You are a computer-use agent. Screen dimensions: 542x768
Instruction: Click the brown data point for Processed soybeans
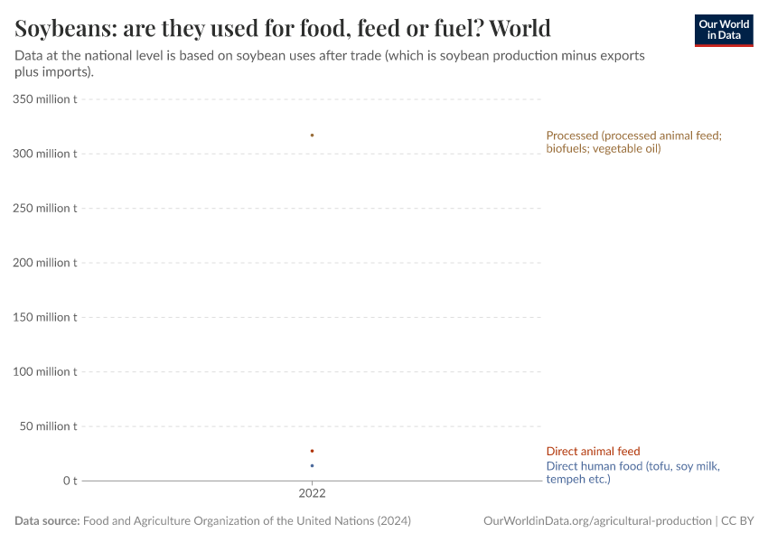(x=312, y=135)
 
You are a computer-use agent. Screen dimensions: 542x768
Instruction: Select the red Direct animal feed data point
(x=312, y=451)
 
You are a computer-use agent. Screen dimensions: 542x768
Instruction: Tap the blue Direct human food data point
(x=312, y=466)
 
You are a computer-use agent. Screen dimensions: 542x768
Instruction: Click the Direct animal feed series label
(x=592, y=452)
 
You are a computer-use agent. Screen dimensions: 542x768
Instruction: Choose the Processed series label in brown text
(x=632, y=142)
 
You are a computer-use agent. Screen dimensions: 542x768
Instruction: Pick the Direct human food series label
(x=632, y=472)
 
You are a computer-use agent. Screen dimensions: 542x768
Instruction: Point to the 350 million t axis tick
(x=45, y=99)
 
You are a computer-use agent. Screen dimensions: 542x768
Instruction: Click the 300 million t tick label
(x=45, y=154)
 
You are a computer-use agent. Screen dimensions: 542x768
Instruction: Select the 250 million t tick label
(x=45, y=208)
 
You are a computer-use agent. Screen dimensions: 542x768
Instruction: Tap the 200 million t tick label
(x=45, y=263)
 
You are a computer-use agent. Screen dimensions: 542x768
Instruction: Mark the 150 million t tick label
(x=45, y=317)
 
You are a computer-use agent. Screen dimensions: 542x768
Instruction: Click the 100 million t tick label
(x=45, y=371)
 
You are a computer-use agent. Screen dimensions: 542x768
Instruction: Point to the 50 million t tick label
(x=49, y=426)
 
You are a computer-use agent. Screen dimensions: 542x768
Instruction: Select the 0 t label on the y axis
(x=70, y=481)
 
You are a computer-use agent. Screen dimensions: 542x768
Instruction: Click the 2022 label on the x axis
(x=312, y=494)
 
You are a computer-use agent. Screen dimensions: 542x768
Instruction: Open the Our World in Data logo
(x=723, y=30)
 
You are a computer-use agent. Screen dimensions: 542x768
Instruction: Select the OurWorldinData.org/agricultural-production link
(x=597, y=521)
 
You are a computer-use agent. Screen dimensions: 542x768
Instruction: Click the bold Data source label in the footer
(x=47, y=521)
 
